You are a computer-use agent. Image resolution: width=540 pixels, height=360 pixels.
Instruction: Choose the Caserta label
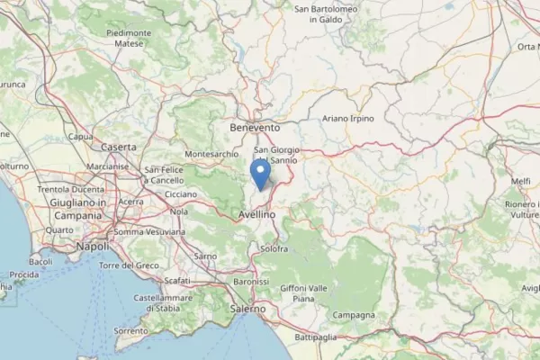120,146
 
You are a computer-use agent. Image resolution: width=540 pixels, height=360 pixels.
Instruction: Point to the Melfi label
521,181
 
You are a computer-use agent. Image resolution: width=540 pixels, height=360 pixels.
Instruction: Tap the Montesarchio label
211,154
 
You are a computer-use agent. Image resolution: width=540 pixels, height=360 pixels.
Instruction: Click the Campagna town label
353,315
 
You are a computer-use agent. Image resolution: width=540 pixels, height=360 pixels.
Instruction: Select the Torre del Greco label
129,265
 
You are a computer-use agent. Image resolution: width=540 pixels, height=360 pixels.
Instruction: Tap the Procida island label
23,274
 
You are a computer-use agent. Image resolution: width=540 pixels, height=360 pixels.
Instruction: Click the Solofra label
274,247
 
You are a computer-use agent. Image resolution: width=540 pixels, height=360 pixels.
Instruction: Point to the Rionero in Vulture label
522,210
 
